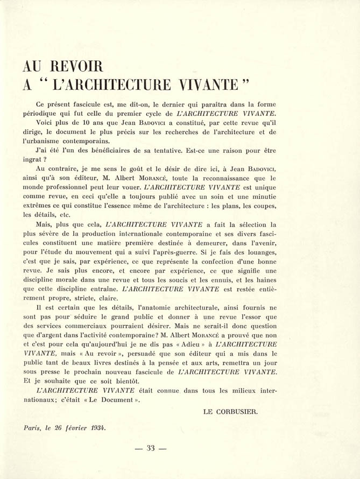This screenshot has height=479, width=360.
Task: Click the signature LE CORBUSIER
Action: [230, 411]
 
